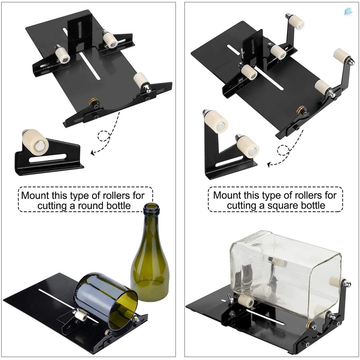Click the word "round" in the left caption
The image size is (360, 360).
87,206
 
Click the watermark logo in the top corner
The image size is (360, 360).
349,11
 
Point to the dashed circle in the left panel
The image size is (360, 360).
104,136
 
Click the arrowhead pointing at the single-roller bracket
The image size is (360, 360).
93,153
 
